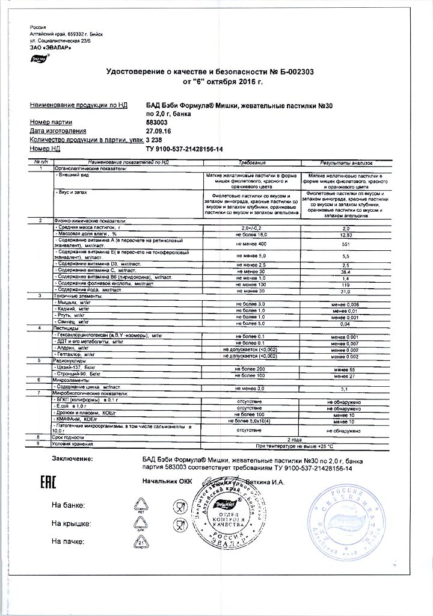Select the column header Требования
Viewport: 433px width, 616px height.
point(252,162)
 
